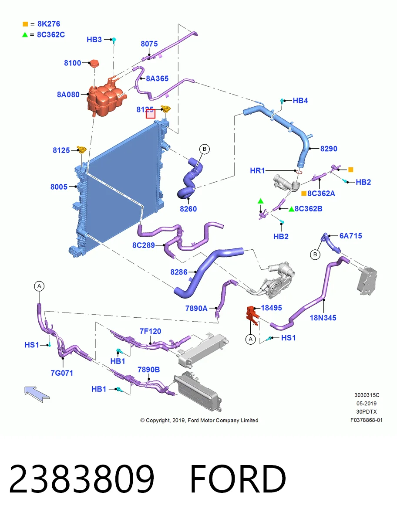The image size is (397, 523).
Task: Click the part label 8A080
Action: [68, 95]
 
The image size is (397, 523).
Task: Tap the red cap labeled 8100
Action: [94, 63]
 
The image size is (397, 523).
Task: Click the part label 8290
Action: [329, 149]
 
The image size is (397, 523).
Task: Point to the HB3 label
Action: [94, 40]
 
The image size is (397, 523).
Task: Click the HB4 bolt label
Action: [300, 101]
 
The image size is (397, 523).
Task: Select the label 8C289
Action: [144, 245]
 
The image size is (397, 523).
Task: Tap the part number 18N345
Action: [323, 318]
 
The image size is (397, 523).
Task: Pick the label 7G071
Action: [62, 373]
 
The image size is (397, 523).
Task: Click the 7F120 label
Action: [150, 331]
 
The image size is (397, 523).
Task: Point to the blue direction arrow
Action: [37, 394]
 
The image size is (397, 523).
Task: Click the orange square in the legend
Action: [25, 24]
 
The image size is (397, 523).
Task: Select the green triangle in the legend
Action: [25, 35]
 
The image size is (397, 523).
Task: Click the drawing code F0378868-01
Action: [367, 420]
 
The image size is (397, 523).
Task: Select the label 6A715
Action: [350, 236]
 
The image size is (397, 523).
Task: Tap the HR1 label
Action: [257, 170]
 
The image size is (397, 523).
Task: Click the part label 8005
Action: [59, 187]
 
